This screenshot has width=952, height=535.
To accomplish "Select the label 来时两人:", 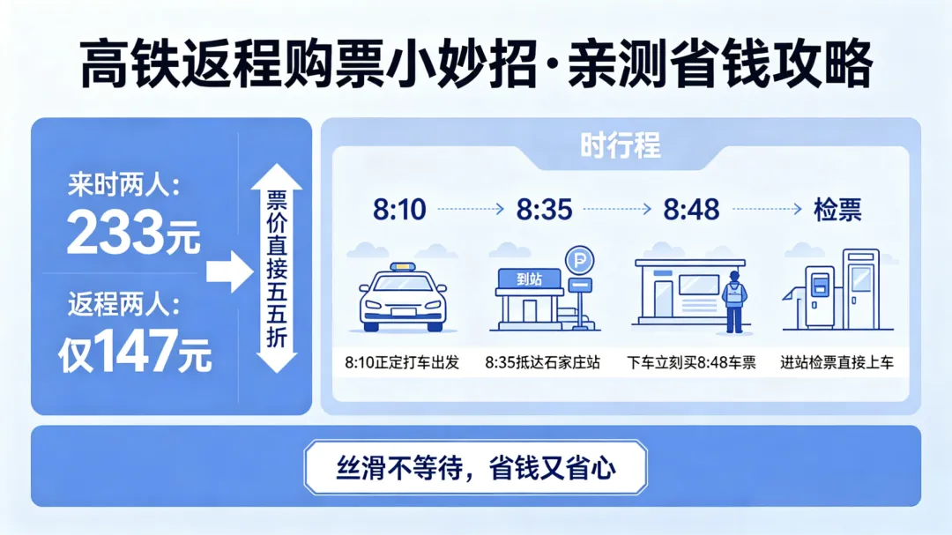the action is (123, 186).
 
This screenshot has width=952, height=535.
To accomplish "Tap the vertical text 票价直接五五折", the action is (276, 269).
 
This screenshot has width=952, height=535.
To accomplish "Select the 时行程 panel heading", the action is (620, 145).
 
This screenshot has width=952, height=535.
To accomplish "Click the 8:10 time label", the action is (399, 210).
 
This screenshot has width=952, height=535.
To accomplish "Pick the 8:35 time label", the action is (545, 210).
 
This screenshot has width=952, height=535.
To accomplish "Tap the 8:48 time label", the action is (692, 210).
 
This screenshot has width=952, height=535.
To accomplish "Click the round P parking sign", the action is (579, 259).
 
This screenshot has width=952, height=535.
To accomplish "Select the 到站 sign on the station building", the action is (528, 279).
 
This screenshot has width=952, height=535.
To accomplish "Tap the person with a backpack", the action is (733, 301).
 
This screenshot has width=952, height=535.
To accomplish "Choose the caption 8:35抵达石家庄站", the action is (542, 362).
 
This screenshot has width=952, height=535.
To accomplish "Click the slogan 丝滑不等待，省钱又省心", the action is (475, 467).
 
